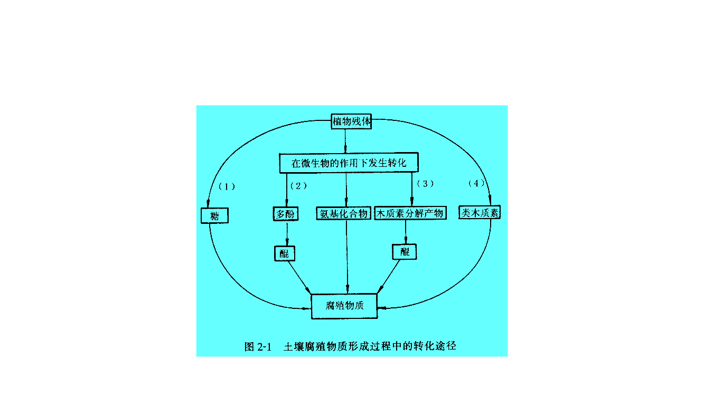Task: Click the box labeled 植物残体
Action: [x=351, y=121]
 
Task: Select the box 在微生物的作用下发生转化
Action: [x=349, y=163]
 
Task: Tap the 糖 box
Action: [x=214, y=215]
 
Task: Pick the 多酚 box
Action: [x=285, y=214]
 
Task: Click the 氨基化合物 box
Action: [x=343, y=213]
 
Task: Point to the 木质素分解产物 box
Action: [x=410, y=213]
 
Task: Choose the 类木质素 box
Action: [x=480, y=212]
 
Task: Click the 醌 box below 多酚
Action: [x=285, y=253]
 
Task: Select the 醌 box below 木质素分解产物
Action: [x=405, y=252]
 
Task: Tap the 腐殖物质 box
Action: [x=344, y=306]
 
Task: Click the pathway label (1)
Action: [x=227, y=187]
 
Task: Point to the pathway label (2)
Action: [x=298, y=186]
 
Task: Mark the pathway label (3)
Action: [x=425, y=184]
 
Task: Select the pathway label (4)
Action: [x=476, y=183]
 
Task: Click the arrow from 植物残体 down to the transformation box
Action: [x=345, y=141]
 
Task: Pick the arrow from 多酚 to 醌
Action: [x=287, y=233]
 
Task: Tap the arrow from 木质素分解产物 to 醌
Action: [x=406, y=232]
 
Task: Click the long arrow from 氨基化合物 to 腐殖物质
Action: [x=347, y=257]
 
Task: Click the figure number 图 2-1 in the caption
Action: [x=258, y=347]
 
